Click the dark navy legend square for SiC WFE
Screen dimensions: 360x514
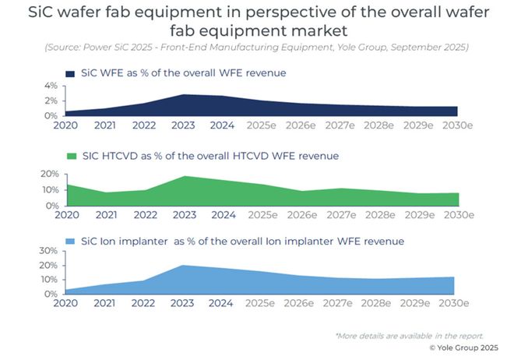coord(72,72)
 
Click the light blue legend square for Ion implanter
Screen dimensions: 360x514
coord(72,241)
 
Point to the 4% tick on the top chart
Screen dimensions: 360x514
coord(51,85)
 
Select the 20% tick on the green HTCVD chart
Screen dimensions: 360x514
coord(48,174)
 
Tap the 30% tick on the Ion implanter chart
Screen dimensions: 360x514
coord(48,251)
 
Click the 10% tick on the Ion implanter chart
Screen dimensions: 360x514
coord(48,280)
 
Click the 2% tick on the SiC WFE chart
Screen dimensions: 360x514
coord(51,101)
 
